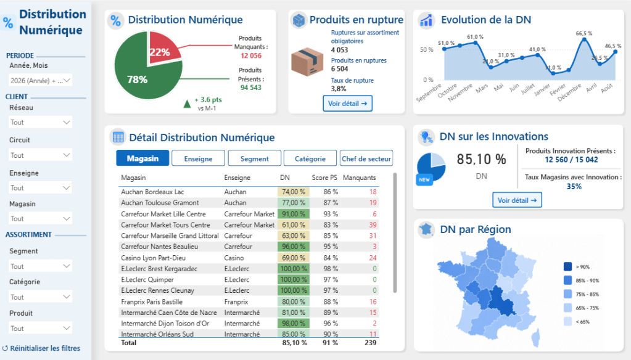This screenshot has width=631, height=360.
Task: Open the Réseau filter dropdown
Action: click(40, 122)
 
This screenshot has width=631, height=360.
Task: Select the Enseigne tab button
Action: click(198, 158)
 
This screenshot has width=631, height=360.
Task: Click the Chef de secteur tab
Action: click(366, 158)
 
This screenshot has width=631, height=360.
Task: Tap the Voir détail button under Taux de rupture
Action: click(348, 104)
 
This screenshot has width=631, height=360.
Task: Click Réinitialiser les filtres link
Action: click(41, 348)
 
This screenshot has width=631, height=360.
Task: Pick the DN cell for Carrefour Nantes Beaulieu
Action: click(294, 247)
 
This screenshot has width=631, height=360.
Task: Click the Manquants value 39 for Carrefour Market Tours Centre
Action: click(373, 225)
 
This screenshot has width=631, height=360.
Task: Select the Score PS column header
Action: click(324, 178)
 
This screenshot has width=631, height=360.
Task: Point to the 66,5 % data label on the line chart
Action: click(584, 33)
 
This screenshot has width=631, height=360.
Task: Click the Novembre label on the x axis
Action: click(460, 92)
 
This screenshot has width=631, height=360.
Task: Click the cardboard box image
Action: click(307, 62)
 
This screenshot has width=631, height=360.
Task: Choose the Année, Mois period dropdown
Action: click(40, 81)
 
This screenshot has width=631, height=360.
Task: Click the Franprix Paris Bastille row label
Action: click(152, 301)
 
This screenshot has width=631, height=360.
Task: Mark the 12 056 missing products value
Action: click(251, 55)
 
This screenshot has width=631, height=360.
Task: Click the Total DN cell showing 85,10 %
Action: click(295, 343)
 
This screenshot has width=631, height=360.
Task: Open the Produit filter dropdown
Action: click(40, 328)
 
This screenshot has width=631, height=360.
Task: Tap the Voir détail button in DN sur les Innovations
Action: click(517, 200)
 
